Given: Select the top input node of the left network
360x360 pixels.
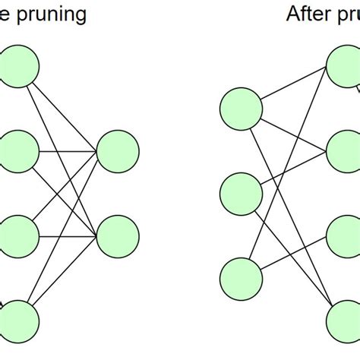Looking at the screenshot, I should click(x=17, y=66).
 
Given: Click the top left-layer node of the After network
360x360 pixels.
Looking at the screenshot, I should click(x=241, y=108).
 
